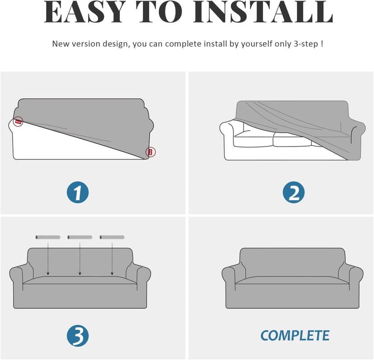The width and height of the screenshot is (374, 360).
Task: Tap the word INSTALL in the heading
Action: [263, 12]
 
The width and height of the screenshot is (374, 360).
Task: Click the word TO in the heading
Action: [159, 12]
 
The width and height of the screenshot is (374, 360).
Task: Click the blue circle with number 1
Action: [78, 193]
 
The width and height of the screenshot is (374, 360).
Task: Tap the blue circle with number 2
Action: [294, 193]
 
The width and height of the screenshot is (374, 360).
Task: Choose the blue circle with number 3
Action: [78, 336]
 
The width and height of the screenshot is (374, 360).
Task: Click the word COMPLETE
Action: [295, 336]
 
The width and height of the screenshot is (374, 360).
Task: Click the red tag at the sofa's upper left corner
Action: [18, 122]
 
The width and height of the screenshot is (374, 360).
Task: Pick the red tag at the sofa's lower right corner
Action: [150, 152]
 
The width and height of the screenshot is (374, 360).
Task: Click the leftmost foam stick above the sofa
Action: [48, 237]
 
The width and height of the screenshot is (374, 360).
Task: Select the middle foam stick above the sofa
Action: [80, 237]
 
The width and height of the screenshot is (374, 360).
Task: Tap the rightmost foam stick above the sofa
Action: [112, 237]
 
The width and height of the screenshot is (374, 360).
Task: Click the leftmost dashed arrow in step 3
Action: [48, 259]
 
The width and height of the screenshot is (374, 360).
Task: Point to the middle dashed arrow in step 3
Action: [80, 259]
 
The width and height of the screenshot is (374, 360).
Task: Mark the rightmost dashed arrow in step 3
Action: [112, 259]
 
